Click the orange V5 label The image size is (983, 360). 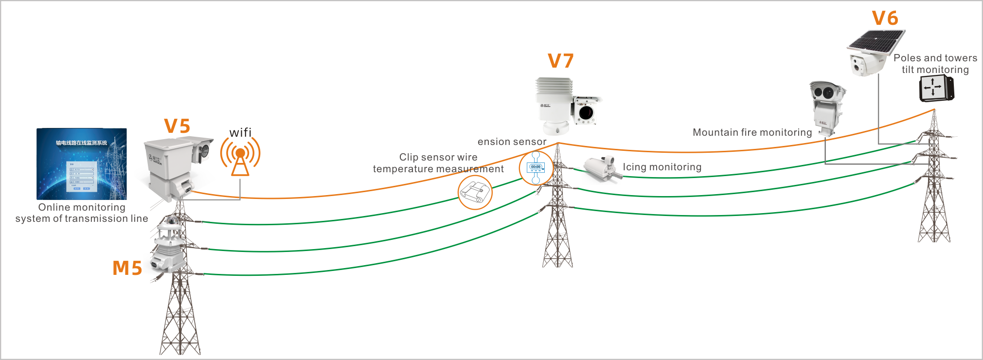(177, 126)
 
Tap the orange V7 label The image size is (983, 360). (561, 61)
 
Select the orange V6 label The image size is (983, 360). (885, 18)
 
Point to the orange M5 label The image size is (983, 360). (127, 268)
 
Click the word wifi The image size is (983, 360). (240, 133)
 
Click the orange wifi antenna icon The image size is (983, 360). (240, 156)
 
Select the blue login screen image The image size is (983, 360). (82, 164)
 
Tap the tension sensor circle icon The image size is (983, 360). (536, 168)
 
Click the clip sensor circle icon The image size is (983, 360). (475, 192)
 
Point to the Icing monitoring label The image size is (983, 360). (662, 167)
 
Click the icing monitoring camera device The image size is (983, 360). (602, 168)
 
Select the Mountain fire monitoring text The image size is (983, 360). (752, 132)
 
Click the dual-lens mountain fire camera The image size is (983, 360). (826, 107)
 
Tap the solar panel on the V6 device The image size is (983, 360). (876, 41)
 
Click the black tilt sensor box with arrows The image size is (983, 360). (936, 89)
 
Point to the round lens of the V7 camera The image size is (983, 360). (586, 113)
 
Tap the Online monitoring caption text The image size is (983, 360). (82, 213)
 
